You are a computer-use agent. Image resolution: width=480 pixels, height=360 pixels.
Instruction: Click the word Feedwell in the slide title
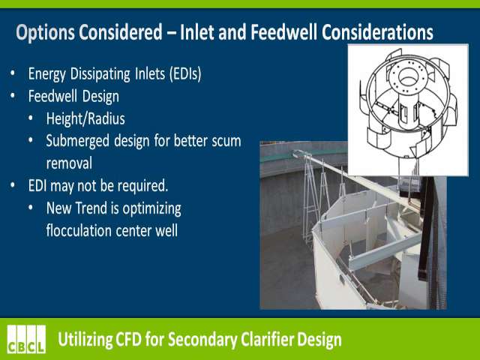283,32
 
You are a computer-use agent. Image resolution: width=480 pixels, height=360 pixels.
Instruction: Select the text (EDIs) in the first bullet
185,74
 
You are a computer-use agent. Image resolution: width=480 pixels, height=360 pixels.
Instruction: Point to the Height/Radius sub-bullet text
85,118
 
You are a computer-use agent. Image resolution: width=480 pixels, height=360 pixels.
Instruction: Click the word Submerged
77,141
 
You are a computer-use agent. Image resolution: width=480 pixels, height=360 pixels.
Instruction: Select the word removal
69,163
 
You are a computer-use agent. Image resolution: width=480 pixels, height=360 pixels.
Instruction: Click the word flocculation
79,230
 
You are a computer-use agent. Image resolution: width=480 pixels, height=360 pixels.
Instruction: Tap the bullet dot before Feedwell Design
13,96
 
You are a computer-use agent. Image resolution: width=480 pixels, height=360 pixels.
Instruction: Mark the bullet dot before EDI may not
13,186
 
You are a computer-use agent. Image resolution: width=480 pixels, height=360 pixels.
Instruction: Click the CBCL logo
27,339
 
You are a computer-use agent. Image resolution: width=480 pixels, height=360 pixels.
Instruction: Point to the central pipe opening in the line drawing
407,76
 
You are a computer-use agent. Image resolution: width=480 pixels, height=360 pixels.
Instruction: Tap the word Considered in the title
121,32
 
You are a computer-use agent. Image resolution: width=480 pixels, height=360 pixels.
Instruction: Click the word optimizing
151,208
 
